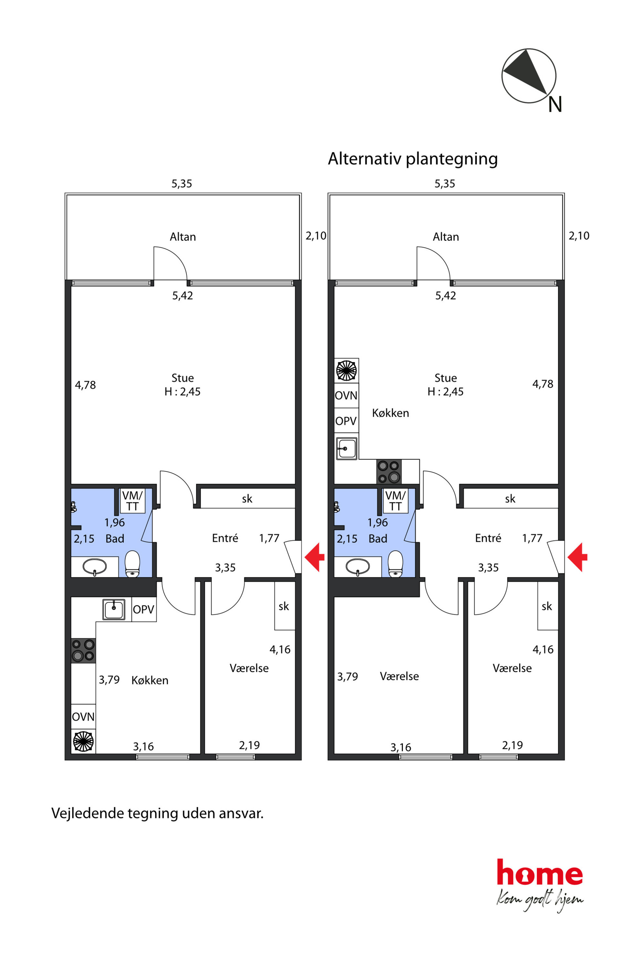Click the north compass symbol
pos(529,76)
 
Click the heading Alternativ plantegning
pos(413,159)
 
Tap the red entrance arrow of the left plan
pos(314,557)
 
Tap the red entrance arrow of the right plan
pos(577,557)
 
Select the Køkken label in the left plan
pos(150,680)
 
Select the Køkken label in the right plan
pos(390,413)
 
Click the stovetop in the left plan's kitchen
pos(83,650)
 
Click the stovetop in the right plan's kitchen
pos(389,472)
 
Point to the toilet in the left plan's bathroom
pos(132,564)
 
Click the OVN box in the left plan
pos(83,717)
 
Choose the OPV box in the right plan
pos(346,421)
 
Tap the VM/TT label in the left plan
pos(132,501)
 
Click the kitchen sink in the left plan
pos(114,610)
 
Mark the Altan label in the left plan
pos(183,237)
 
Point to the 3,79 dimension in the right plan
pos(348,677)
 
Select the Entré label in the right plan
pos(488,538)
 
